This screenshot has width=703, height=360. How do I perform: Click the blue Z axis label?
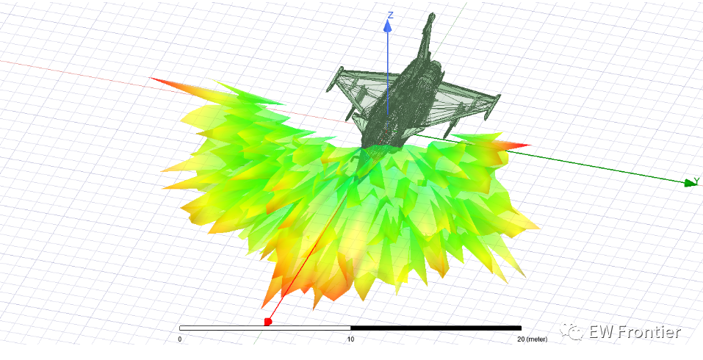click(x=391, y=15)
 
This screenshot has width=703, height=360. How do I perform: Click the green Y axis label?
click(x=696, y=180)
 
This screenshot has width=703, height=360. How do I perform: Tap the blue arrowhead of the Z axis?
click(x=388, y=26)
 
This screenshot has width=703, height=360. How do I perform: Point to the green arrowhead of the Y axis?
click(x=689, y=182)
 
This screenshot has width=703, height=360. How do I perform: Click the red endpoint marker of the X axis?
click(x=268, y=322)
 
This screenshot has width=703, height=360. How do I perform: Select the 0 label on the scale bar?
click(x=180, y=339)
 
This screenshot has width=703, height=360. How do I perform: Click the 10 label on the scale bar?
click(x=350, y=339)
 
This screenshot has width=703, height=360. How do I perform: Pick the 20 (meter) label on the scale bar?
click(x=532, y=339)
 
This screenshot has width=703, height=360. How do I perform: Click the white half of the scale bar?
click(x=265, y=328)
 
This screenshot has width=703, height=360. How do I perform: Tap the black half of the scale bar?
click(x=436, y=328)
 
